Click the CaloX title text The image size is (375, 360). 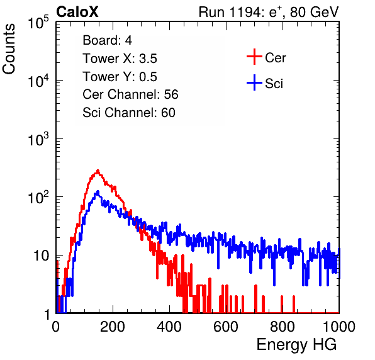point(77,12)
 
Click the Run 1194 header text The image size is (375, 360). point(269,12)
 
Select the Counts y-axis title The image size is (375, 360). point(9,49)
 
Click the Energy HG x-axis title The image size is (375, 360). point(296,344)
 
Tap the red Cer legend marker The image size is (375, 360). point(254,57)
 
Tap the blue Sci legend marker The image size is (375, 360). point(254,82)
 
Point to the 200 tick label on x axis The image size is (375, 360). point(113,327)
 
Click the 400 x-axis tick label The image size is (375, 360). point(169,327)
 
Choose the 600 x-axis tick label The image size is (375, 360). point(226,327)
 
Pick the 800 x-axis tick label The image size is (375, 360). point(283,327)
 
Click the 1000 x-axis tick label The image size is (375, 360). point(339,327)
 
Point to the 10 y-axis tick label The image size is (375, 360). point(42,256)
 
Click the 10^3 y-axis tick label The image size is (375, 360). point(39,138)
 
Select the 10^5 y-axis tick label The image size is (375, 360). point(39,22)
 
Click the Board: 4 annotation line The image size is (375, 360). point(107,40)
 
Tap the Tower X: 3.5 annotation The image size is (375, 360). point(120,59)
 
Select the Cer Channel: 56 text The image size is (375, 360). point(130,94)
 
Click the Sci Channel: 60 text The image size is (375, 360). point(129,113)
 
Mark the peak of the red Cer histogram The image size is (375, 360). point(98,171)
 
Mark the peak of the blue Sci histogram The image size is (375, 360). point(98,191)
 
